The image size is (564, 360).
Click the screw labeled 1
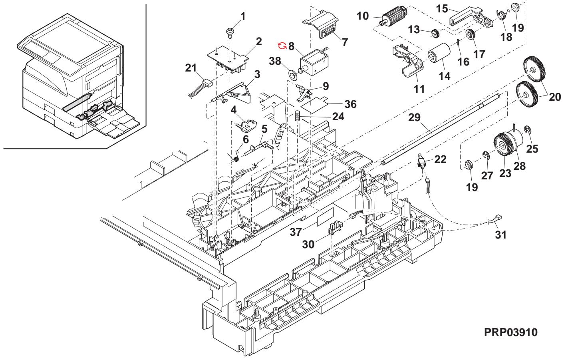tap(230, 31)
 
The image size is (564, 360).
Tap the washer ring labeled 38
tap(293, 75)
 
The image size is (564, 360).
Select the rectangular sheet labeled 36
tap(318, 104)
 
